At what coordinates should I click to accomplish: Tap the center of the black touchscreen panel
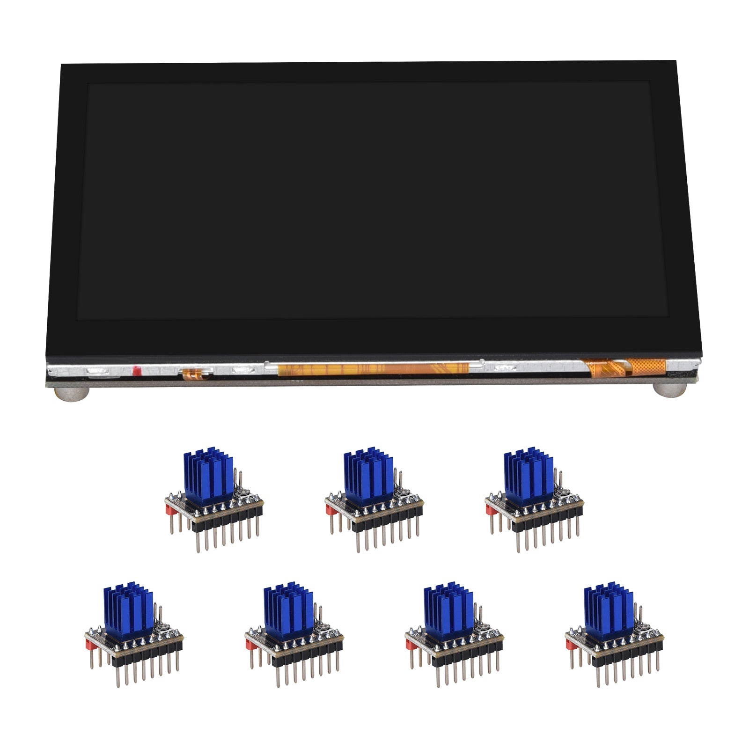pyautogui.click(x=372, y=201)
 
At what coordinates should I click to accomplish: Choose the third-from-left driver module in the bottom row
pyautogui.click(x=454, y=632)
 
